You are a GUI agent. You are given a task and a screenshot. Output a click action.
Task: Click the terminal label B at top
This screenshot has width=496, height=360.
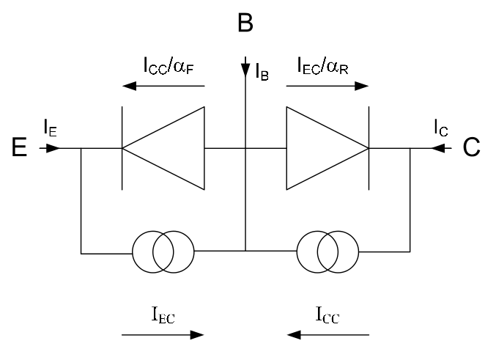point(245,23)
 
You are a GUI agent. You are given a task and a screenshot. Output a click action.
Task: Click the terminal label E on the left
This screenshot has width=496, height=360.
point(19,147)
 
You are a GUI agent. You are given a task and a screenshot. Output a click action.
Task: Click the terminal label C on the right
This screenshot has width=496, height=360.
point(471,147)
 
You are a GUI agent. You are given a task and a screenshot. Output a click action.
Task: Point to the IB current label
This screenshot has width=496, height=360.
point(262,72)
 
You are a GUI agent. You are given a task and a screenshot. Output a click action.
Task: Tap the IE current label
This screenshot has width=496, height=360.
point(51,128)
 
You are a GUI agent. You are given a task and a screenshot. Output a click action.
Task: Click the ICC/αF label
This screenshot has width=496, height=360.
point(169,65)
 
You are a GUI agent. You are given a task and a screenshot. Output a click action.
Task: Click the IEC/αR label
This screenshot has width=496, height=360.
point(322,65)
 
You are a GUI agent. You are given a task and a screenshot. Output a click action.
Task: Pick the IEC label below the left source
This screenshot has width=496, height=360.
point(163,315)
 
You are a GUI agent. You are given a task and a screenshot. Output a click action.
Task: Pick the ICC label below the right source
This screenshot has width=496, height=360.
point(327,315)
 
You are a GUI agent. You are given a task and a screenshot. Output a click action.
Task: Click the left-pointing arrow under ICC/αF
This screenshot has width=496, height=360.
point(163,86)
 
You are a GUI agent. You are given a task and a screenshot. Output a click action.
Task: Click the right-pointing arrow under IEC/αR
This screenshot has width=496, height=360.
point(327,86)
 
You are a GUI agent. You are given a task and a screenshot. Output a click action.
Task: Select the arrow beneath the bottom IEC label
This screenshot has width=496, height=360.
point(163,334)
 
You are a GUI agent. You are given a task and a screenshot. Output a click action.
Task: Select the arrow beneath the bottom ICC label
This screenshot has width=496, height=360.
point(327,334)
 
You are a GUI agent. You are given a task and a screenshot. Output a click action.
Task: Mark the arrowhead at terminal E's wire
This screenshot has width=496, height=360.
point(53,148)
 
